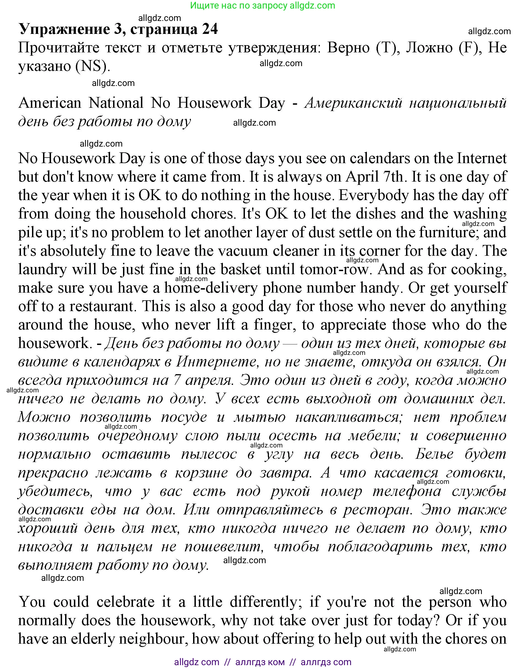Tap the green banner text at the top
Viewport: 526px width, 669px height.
pos(262,6)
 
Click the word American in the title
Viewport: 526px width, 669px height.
pos(50,103)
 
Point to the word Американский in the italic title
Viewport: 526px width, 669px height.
pos(353,103)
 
